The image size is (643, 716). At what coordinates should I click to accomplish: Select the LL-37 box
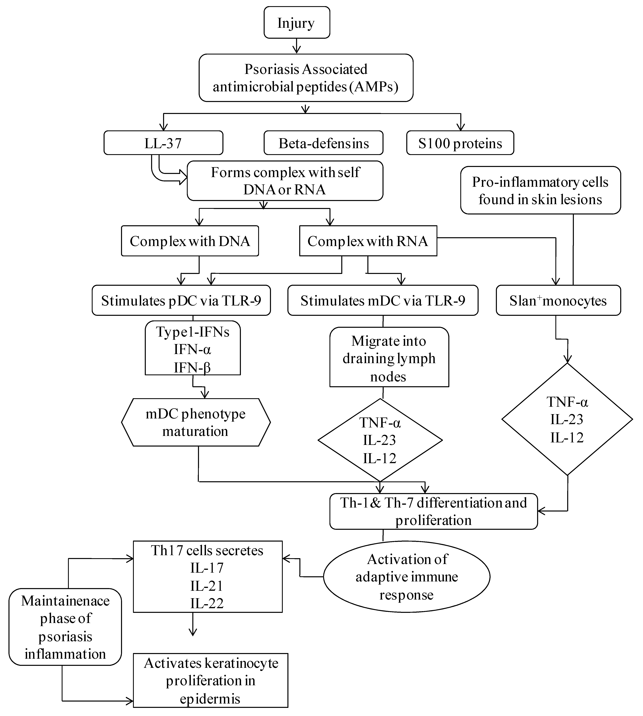pyautogui.click(x=163, y=143)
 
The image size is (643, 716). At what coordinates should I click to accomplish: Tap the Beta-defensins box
pyautogui.click(x=323, y=143)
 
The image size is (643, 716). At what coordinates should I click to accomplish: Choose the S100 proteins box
pyautogui.click(x=460, y=143)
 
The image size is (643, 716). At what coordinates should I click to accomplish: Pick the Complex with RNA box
pyautogui.click(x=368, y=241)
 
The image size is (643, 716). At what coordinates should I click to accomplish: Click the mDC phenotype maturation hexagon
pyautogui.click(x=196, y=422)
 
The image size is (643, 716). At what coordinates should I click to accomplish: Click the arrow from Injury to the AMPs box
pyautogui.click(x=297, y=46)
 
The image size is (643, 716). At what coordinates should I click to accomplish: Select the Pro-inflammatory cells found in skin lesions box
pyautogui.click(x=540, y=191)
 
